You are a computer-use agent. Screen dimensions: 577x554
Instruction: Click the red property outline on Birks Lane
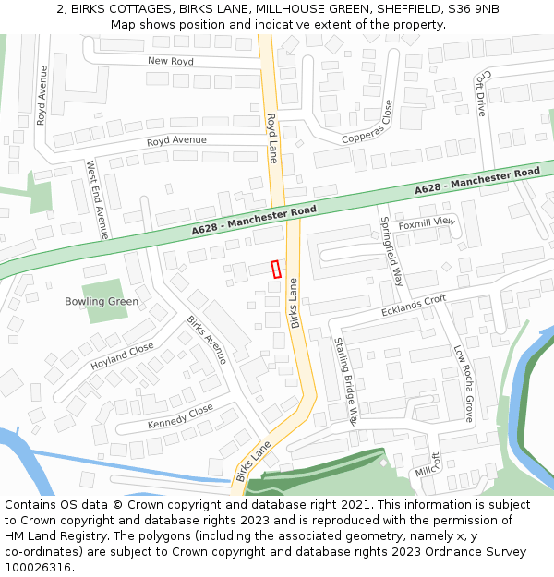coord(276,269)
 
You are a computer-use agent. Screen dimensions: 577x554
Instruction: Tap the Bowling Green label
coord(102,302)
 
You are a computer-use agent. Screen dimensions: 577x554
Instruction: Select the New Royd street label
coord(171,61)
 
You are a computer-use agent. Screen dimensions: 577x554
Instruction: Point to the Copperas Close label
coord(367,123)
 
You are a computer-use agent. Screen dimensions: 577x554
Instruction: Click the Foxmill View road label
coord(427,222)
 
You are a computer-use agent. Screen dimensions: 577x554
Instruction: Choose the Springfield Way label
coord(392,251)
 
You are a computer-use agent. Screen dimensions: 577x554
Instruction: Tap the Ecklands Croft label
coord(414,306)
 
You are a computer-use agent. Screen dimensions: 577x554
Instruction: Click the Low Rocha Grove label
coord(463,384)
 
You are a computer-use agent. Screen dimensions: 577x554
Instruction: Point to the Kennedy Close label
coord(180,417)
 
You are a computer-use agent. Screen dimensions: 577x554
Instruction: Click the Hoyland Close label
coord(122,356)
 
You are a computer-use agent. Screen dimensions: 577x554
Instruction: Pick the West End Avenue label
coord(97,199)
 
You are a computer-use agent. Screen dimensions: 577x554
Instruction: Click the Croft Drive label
coord(480,95)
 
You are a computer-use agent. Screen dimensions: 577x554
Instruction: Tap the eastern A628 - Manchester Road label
coord(477,181)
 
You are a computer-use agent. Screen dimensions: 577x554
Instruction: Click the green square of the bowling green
coord(104,301)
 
